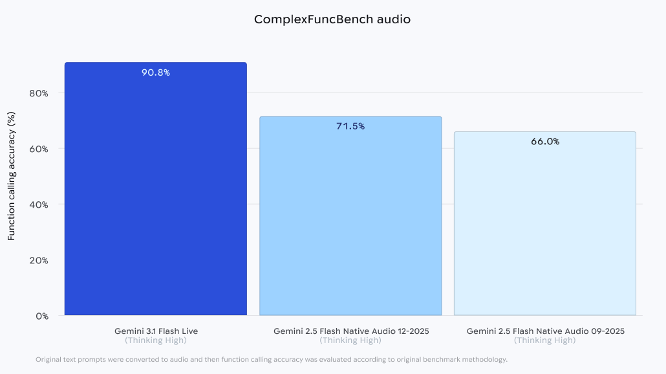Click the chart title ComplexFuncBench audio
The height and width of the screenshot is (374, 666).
pyautogui.click(x=332, y=19)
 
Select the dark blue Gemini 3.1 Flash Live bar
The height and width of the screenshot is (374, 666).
pyautogui.click(x=155, y=194)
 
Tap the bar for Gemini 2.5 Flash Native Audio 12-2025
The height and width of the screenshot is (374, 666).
pyautogui.click(x=350, y=220)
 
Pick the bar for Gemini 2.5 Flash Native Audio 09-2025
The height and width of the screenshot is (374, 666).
pyautogui.click(x=545, y=226)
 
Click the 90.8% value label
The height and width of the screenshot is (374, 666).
pyautogui.click(x=156, y=72)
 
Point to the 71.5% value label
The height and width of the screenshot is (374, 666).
pyautogui.click(x=350, y=126)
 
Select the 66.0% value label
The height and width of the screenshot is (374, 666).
pyautogui.click(x=545, y=141)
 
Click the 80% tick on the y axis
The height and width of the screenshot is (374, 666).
pyautogui.click(x=39, y=93)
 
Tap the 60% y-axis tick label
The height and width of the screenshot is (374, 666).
pyautogui.click(x=39, y=149)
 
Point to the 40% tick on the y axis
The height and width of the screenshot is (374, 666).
pyautogui.click(x=39, y=204)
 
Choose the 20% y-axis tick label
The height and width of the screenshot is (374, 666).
pyautogui.click(x=39, y=260)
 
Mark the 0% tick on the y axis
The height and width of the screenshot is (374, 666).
pyautogui.click(x=42, y=316)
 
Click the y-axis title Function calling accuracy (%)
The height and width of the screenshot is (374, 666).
pyautogui.click(x=11, y=176)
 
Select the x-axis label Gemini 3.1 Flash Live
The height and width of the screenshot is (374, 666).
pyautogui.click(x=156, y=331)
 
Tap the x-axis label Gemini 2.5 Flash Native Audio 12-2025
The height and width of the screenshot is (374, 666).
pyautogui.click(x=351, y=331)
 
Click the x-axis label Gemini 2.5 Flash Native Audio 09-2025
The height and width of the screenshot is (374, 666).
pyautogui.click(x=545, y=331)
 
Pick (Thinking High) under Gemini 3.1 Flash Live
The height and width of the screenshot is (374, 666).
pyautogui.click(x=156, y=340)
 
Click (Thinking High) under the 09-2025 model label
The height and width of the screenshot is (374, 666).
pyautogui.click(x=545, y=340)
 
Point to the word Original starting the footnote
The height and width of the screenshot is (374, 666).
pyautogui.click(x=48, y=359)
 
